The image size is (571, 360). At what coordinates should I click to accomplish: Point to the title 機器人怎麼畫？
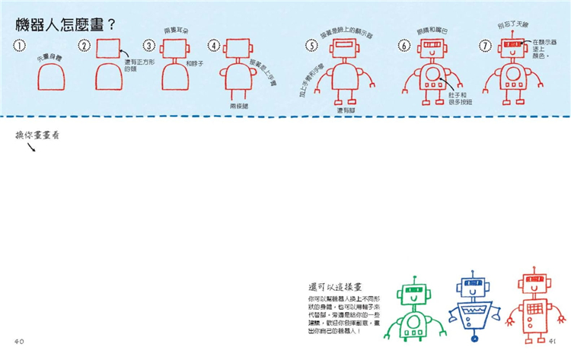pyautogui.click(x=65, y=24)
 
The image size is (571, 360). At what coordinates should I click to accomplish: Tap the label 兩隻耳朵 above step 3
pyautogui.click(x=176, y=30)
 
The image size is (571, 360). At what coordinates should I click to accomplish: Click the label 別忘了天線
pyautogui.click(x=512, y=25)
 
